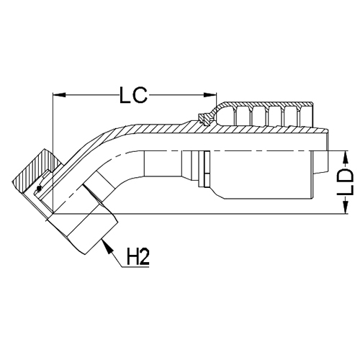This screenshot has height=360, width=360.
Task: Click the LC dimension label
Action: (x=134, y=94)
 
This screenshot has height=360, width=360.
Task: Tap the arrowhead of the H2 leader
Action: (x=107, y=246)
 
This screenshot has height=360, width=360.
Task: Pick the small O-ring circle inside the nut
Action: (x=39, y=189)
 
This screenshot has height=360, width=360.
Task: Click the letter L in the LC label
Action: (x=124, y=94)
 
